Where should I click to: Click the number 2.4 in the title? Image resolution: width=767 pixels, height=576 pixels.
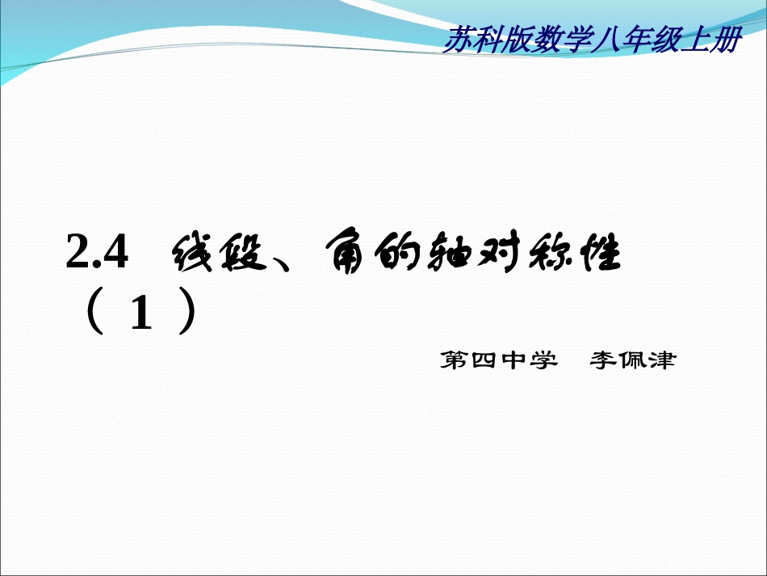click(x=97, y=256)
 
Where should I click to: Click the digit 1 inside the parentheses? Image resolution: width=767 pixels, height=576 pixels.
click(x=140, y=316)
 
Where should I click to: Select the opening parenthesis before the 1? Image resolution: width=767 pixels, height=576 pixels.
click(x=93, y=314)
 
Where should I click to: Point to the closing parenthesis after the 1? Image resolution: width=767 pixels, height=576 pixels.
click(x=188, y=314)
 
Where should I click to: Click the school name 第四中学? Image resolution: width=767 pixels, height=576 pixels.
click(x=499, y=360)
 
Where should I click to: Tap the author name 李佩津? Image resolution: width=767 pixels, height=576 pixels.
click(x=632, y=360)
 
